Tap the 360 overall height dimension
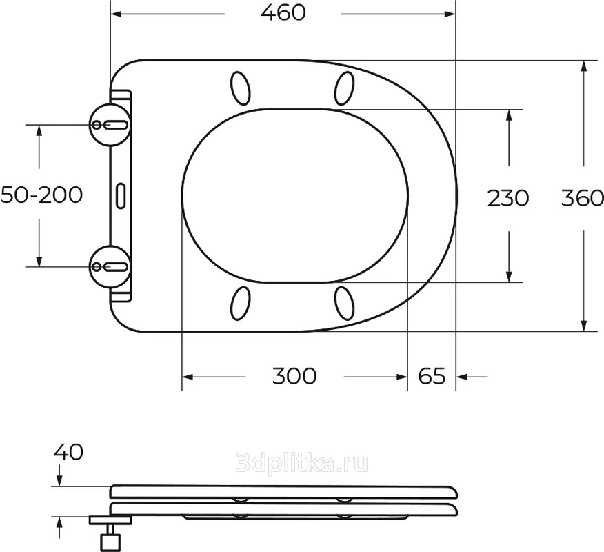point(582,198)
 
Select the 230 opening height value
point(508,198)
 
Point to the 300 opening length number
point(294,376)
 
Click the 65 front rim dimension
point(432,376)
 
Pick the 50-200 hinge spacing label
point(41,195)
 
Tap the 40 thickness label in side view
point(68,452)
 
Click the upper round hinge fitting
point(110,124)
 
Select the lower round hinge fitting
point(110,266)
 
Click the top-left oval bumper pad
point(241,88)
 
